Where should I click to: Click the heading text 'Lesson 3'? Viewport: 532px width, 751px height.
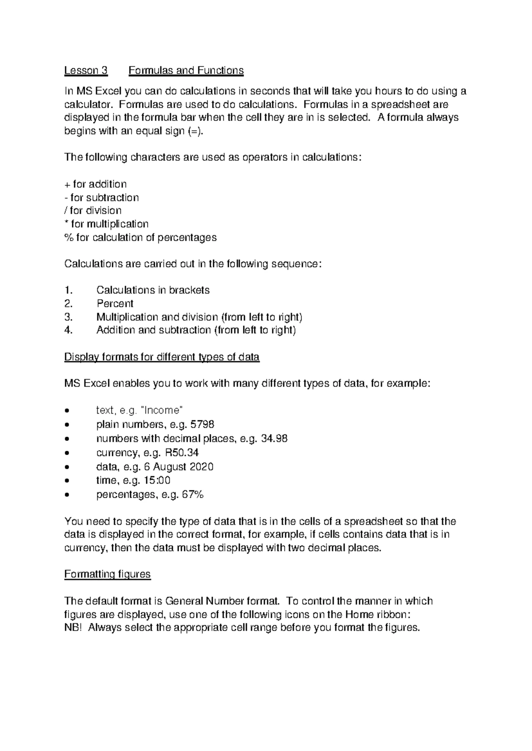click(x=86, y=70)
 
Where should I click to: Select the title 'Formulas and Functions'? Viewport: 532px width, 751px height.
click(x=186, y=70)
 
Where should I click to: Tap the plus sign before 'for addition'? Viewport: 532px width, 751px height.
click(x=67, y=185)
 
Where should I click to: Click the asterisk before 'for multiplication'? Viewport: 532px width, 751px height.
click(x=66, y=223)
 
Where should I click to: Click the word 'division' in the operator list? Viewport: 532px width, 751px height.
click(x=103, y=210)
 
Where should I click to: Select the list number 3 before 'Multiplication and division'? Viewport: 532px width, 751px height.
click(x=68, y=317)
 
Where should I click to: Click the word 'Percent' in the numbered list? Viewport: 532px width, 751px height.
click(x=115, y=304)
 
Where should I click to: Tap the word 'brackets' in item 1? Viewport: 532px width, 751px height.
click(x=190, y=290)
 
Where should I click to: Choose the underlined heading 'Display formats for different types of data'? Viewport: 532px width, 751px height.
click(x=162, y=357)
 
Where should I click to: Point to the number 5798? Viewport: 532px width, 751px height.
click(x=202, y=425)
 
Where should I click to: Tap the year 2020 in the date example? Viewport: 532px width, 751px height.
click(x=201, y=467)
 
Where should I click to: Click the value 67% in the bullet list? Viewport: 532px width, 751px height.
click(x=192, y=495)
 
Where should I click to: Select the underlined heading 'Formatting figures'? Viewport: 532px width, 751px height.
click(x=107, y=574)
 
